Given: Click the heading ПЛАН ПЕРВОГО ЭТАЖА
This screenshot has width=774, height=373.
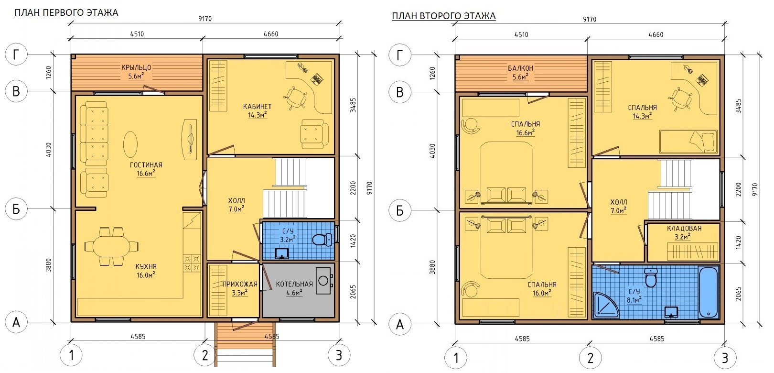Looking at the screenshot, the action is pyautogui.click(x=66, y=13).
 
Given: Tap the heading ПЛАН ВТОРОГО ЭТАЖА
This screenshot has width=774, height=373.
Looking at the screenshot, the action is pyautogui.click(x=444, y=16).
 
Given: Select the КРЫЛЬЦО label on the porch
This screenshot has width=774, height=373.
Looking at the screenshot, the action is pyautogui.click(x=136, y=67).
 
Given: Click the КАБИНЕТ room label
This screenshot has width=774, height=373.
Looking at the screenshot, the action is pyautogui.click(x=258, y=107).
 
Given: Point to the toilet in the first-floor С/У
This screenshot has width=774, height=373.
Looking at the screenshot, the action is pyautogui.click(x=322, y=240).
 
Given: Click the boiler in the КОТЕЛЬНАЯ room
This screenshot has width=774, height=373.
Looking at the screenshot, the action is pyautogui.click(x=323, y=280).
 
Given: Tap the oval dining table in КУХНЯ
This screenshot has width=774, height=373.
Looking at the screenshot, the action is pyautogui.click(x=112, y=246).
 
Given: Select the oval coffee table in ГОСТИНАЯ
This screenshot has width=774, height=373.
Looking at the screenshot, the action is pyautogui.click(x=130, y=144).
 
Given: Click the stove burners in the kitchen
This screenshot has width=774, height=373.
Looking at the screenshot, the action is pyautogui.click(x=192, y=263).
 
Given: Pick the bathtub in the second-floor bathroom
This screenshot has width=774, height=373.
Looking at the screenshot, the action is pyautogui.click(x=709, y=292).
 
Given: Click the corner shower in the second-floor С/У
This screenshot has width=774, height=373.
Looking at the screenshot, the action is pyautogui.click(x=606, y=306).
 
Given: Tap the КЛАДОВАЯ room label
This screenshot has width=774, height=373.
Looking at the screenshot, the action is pyautogui.click(x=684, y=228).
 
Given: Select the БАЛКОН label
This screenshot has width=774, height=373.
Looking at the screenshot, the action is pyautogui.click(x=521, y=68).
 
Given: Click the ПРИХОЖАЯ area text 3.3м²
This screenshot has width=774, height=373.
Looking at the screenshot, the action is pyautogui.click(x=240, y=293).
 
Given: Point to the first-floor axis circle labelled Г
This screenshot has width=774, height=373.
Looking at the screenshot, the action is pyautogui.click(x=16, y=54).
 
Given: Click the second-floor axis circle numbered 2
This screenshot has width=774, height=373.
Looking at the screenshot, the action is pyautogui.click(x=590, y=358).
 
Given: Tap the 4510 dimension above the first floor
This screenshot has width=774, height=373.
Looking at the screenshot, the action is pyautogui.click(x=137, y=34).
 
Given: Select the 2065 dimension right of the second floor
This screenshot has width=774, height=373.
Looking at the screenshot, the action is pyautogui.click(x=738, y=294).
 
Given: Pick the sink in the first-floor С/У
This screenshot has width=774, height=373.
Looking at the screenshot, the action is pyautogui.click(x=282, y=253).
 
